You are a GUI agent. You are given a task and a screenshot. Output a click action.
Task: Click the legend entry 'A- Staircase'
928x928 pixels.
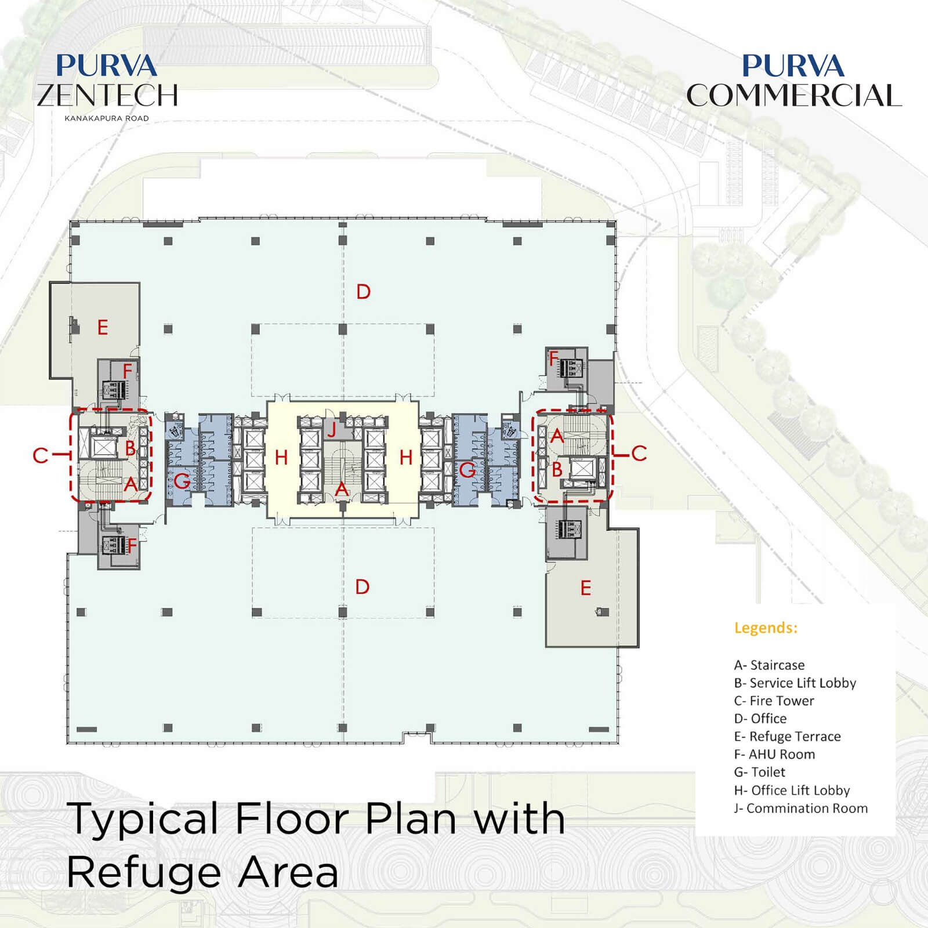tap(769, 665)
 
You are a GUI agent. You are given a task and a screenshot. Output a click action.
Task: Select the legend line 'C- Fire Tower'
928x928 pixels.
tap(774, 701)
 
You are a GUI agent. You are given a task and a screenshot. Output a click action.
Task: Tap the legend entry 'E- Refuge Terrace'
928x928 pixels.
tap(787, 737)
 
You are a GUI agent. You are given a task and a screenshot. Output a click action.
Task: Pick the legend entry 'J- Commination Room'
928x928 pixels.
tap(801, 808)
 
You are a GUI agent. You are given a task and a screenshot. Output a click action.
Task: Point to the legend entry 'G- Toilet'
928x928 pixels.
tap(759, 772)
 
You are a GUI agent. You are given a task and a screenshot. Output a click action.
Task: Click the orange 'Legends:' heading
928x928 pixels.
tap(766, 628)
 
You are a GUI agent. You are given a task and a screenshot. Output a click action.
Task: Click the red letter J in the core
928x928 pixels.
tap(332, 430)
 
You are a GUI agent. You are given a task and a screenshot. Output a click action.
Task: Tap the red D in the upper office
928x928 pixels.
tap(363, 292)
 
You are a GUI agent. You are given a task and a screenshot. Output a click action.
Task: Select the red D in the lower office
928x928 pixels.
tap(362, 587)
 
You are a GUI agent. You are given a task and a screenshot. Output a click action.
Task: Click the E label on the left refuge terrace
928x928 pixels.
tap(103, 328)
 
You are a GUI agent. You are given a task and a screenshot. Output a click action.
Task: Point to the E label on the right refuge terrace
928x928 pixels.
tap(586, 588)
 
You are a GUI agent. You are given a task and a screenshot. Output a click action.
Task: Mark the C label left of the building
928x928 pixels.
tap(40, 455)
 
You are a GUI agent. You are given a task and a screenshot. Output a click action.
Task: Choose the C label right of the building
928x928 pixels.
tap(639, 454)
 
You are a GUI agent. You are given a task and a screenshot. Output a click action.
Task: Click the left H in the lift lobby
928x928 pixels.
tap(281, 458)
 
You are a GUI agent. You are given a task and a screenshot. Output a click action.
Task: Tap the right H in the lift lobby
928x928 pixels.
tap(406, 458)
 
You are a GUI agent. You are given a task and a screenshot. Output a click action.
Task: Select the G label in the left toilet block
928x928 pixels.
tap(182, 481)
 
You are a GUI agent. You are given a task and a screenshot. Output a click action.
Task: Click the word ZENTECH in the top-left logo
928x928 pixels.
tap(107, 95)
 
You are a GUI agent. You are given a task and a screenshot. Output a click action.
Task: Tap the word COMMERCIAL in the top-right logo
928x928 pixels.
tap(794, 95)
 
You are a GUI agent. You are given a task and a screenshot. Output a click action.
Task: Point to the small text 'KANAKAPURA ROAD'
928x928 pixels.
tap(107, 118)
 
